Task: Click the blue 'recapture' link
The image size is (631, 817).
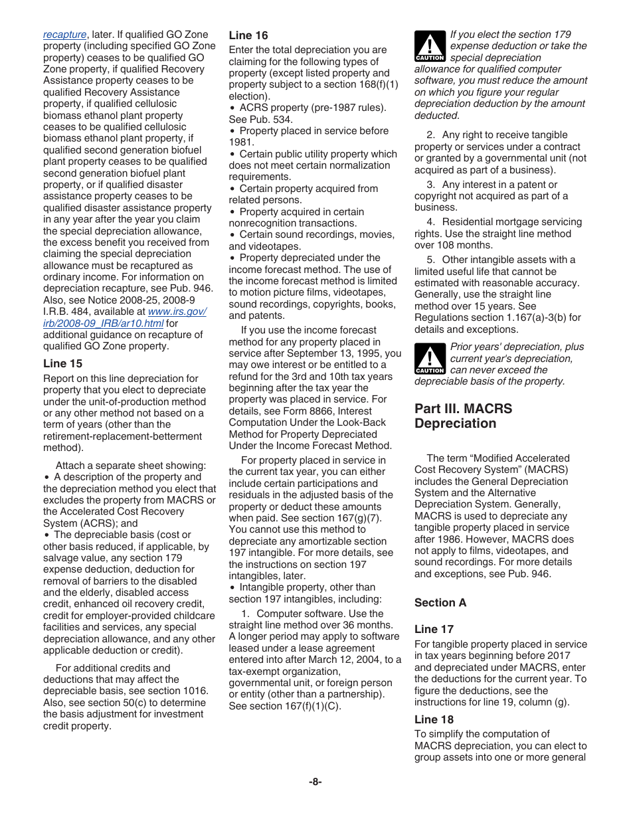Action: (x=64, y=35)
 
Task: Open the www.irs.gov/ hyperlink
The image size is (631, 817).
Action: (x=177, y=312)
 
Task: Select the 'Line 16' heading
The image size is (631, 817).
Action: (x=248, y=35)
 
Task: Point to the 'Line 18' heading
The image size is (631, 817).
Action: (x=434, y=719)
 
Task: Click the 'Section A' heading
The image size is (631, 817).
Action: (x=440, y=602)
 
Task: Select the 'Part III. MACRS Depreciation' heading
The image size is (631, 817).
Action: (x=463, y=416)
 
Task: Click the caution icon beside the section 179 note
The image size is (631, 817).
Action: (x=430, y=46)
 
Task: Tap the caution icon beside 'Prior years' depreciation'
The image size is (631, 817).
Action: (x=430, y=359)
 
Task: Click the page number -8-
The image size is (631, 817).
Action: (x=315, y=782)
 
